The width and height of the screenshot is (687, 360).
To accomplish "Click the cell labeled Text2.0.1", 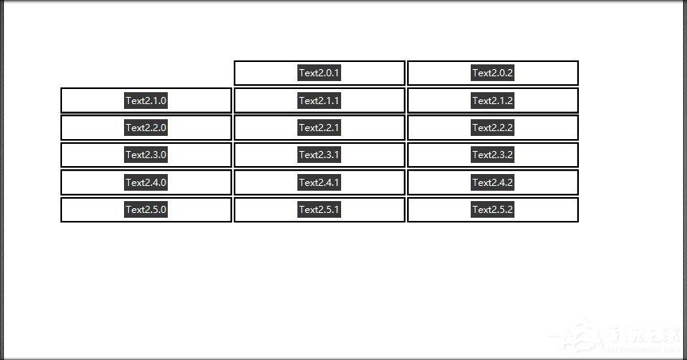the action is click(320, 73).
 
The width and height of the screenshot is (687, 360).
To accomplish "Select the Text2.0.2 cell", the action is click(493, 73).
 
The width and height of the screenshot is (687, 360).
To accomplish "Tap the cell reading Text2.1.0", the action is click(146, 100).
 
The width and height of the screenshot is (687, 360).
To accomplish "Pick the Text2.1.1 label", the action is click(320, 100).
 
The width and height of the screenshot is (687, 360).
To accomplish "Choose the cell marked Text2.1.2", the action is click(493, 100).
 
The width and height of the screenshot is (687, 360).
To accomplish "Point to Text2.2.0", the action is click(146, 127).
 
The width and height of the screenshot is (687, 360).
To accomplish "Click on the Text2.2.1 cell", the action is click(320, 127).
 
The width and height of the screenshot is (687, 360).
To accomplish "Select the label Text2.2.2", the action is click(493, 127).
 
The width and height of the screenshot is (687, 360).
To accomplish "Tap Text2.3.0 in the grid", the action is click(146, 155).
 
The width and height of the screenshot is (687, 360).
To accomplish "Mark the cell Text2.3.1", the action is click(320, 155).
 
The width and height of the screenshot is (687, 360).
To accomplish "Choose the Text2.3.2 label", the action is click(493, 155).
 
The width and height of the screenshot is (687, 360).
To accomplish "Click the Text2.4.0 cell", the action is click(146, 182).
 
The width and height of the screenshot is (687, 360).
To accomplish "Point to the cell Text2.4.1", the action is click(320, 182).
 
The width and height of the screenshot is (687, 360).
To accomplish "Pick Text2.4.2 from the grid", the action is click(493, 182).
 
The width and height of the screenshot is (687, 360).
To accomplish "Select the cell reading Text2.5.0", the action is click(146, 209).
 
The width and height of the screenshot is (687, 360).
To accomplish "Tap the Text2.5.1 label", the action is click(320, 209).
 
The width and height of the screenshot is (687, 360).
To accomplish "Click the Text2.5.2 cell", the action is click(493, 209).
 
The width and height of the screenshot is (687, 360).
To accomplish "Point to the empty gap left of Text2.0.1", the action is click(146, 73).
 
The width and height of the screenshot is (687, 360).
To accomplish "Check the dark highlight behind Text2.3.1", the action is click(320, 155).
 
